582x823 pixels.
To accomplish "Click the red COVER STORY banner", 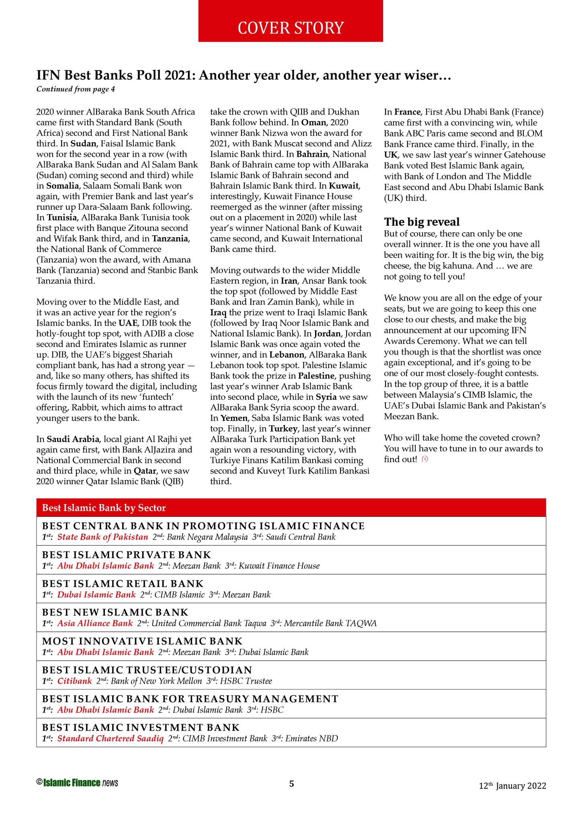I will [x=290, y=27].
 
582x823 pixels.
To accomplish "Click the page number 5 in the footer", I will [x=292, y=783].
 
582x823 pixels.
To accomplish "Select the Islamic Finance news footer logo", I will [x=77, y=782].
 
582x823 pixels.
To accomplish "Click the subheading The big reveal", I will [x=422, y=222].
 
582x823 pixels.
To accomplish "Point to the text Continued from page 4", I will [x=76, y=89].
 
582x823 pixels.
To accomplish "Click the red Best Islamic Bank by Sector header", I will [x=104, y=508].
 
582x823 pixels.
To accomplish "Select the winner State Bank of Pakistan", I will [x=102, y=537].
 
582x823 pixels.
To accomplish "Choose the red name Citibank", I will [x=75, y=681].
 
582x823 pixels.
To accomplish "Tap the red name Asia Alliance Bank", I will [x=95, y=623].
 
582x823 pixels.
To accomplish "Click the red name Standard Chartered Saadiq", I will [x=110, y=738].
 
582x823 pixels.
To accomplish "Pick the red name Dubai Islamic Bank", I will [x=96, y=594].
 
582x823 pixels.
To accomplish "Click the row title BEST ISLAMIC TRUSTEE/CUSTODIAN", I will [x=147, y=670].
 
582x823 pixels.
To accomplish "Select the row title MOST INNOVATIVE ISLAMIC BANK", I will [x=142, y=641].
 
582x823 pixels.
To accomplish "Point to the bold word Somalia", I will [x=62, y=186].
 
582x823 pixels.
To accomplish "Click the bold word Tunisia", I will [x=62, y=218].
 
